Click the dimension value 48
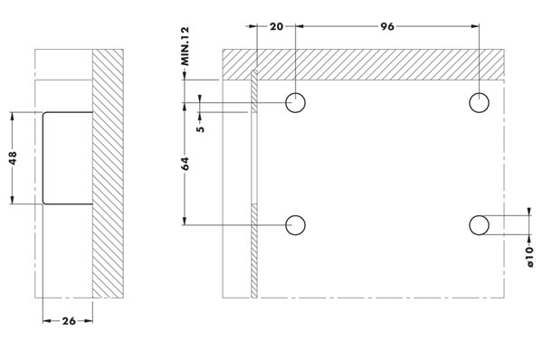(13, 158)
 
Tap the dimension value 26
(69, 321)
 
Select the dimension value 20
(276, 26)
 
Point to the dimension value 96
(387, 26)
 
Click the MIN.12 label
(186, 46)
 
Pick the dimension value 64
(186, 164)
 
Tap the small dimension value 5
(200, 128)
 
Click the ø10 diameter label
(529, 257)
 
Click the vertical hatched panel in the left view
(108, 174)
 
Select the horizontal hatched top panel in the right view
(363, 65)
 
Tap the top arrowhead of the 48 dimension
(13, 116)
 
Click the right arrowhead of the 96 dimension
(475, 26)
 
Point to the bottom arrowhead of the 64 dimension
(185, 221)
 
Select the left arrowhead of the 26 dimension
(47, 321)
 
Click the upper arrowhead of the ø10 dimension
(529, 212)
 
